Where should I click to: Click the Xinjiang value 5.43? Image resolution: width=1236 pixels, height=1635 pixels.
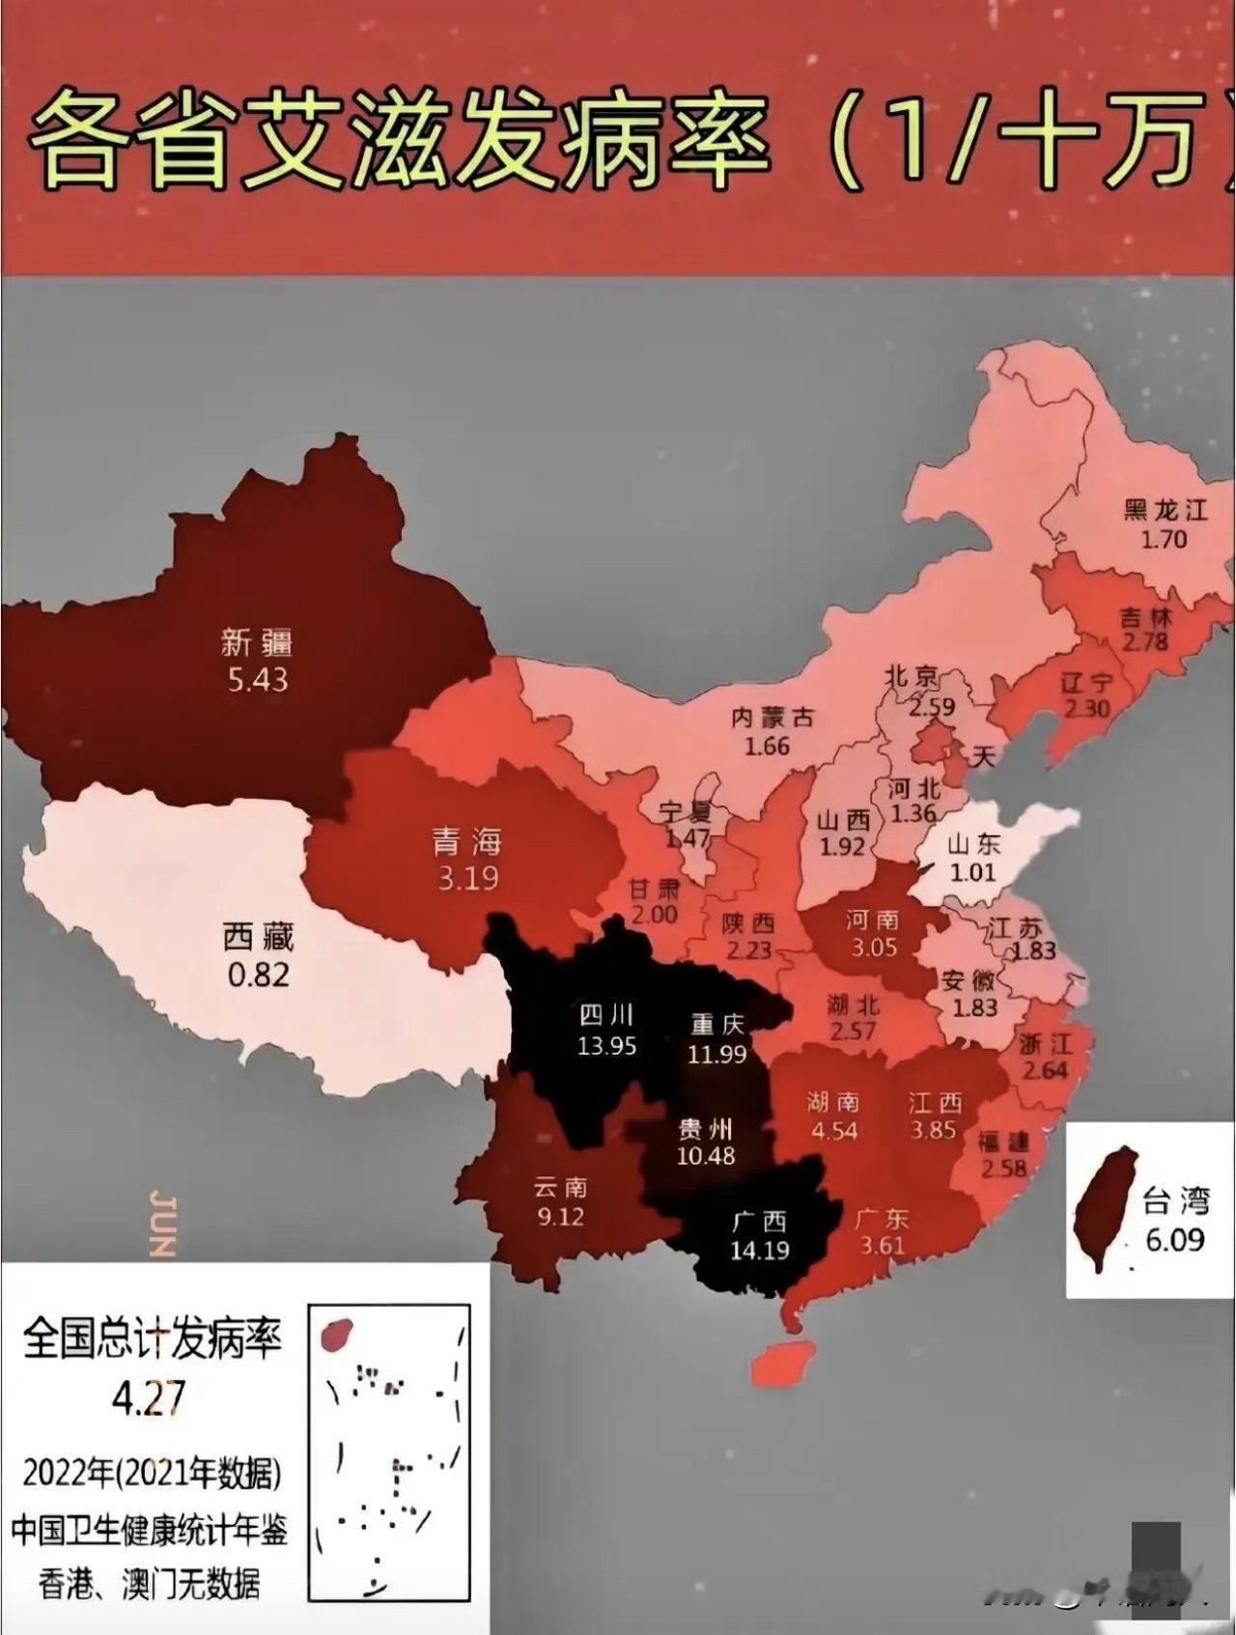[x=258, y=680]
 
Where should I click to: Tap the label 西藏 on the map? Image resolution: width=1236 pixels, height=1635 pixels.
[x=258, y=936]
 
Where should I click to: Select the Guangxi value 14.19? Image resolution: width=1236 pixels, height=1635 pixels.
[x=760, y=1251]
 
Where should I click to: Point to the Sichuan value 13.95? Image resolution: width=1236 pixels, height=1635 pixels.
[x=606, y=1045]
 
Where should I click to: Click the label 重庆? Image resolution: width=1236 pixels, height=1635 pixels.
[x=717, y=1025]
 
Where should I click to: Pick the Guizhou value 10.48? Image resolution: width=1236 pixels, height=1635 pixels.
[x=706, y=1155]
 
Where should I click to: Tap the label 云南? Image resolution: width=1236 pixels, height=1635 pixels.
[x=560, y=1188]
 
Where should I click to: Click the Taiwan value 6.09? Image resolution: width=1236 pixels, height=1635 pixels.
[x=1175, y=1239]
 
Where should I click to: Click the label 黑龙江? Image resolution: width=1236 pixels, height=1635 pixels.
[x=1166, y=510]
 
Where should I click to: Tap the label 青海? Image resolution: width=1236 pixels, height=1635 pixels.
[x=467, y=842]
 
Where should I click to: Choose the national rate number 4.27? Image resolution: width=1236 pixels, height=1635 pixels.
[x=149, y=1397]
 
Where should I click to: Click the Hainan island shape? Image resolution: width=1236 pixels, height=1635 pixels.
[x=782, y=1363]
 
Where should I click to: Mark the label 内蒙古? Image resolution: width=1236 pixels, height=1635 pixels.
[x=772, y=718]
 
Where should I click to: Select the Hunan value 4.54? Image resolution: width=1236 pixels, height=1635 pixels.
[x=834, y=1130]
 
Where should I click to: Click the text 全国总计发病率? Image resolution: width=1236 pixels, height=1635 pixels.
[x=152, y=1339]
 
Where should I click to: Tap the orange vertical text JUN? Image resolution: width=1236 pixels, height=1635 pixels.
[x=163, y=1225]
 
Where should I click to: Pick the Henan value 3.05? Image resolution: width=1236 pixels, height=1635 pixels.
[x=874, y=947]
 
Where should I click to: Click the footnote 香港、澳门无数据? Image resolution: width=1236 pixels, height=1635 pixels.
[x=149, y=1584]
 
